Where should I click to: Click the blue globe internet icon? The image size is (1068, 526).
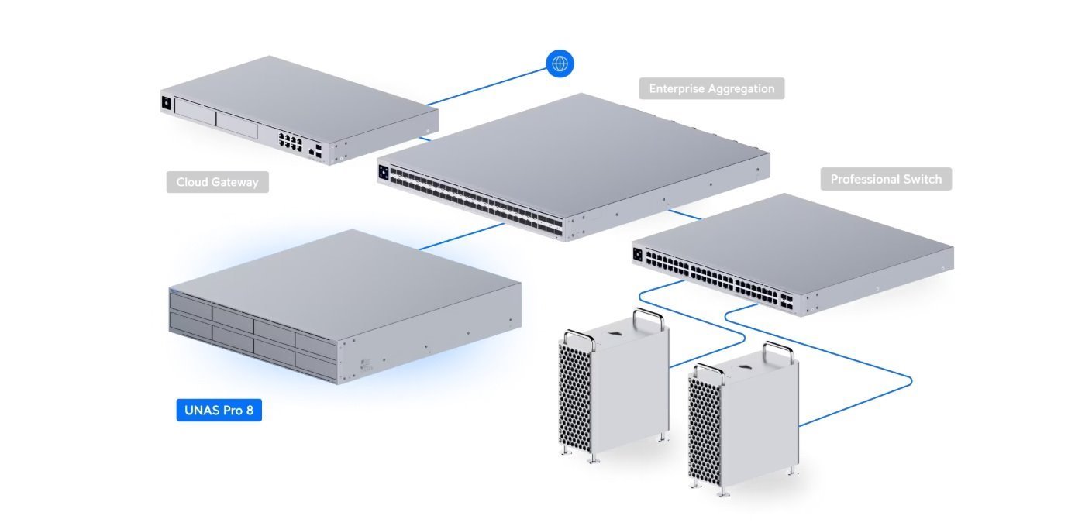(x=560, y=63)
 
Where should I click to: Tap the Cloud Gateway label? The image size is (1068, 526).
(x=217, y=183)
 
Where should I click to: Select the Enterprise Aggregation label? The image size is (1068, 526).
(x=711, y=88)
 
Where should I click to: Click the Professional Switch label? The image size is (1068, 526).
(x=886, y=179)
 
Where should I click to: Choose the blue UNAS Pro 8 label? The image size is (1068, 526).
(x=219, y=410)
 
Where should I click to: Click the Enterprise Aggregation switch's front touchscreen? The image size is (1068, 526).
(x=383, y=174)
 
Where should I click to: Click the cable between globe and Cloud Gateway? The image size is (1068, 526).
(x=488, y=87)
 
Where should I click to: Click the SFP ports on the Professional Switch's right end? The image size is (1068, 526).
(x=787, y=301)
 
